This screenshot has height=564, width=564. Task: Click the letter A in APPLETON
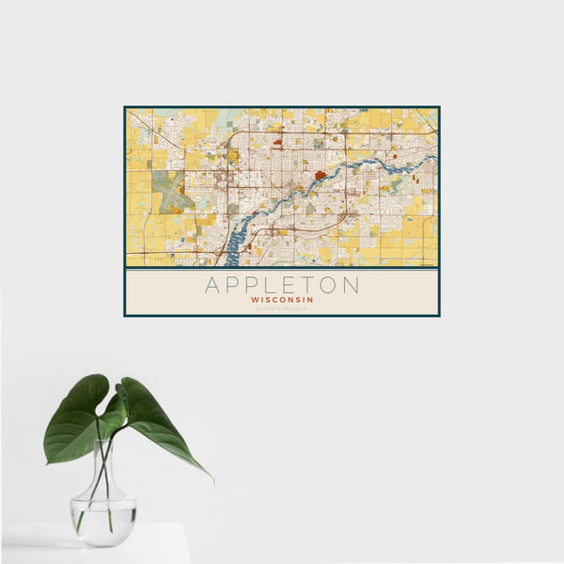(213, 285)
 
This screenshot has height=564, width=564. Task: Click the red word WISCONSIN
(282, 301)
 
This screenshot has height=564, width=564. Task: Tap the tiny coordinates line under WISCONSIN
(282, 309)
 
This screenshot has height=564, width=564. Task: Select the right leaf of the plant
(160, 423)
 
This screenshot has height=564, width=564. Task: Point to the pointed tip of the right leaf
(211, 478)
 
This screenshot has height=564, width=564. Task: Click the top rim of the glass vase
(103, 442)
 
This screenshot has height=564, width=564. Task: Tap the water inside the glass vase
(103, 522)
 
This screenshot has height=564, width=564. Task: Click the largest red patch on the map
(321, 174)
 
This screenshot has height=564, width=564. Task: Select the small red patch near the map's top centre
(278, 143)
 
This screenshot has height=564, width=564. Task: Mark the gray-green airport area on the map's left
(171, 191)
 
